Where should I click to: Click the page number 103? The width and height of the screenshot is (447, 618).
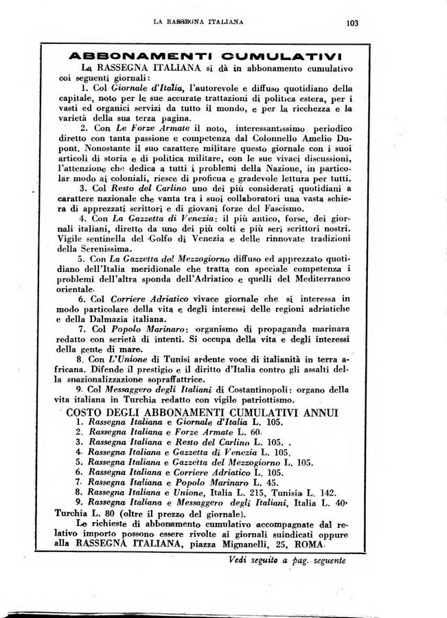click(x=353, y=22)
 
